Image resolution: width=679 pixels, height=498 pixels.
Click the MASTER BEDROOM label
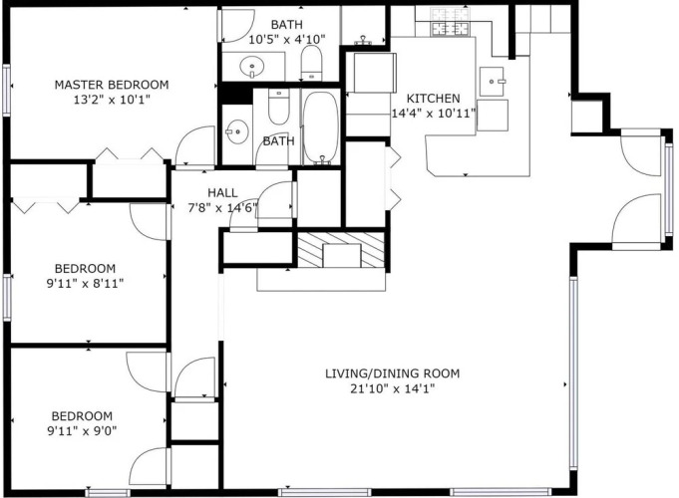point(112,85)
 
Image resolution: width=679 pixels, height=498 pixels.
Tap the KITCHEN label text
point(433,99)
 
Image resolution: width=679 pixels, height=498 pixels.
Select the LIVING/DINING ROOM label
point(392,373)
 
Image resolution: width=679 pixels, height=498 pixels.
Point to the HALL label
point(222,192)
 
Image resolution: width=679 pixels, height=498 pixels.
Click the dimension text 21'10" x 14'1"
point(392,388)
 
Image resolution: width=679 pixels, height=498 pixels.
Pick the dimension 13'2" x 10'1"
point(112,100)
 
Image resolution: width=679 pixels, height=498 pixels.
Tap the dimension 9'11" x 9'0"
point(82,431)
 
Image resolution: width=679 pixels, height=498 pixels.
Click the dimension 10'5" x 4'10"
point(287,40)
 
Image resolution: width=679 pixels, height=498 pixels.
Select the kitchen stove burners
point(451,29)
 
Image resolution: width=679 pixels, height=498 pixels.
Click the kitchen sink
point(492,81)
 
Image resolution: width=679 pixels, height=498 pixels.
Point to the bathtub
point(320,127)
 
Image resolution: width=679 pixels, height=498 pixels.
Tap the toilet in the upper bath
point(311,63)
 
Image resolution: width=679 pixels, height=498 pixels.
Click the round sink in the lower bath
point(237,131)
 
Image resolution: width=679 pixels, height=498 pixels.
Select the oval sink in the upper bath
point(251,68)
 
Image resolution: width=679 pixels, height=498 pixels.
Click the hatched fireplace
point(341,250)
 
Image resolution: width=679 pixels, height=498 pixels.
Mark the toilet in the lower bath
point(278,107)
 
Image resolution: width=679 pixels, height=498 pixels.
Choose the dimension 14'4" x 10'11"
point(434,114)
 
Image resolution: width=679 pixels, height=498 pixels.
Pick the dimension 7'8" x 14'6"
point(222,208)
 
